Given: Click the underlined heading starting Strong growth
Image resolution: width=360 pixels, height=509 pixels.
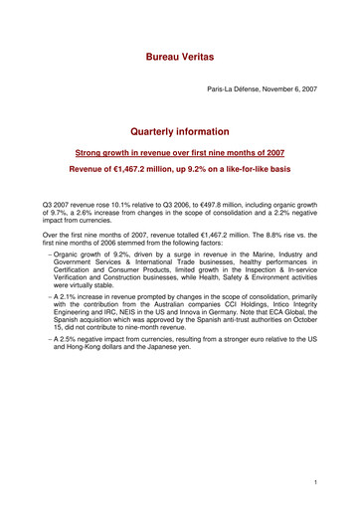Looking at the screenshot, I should coord(180,153).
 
